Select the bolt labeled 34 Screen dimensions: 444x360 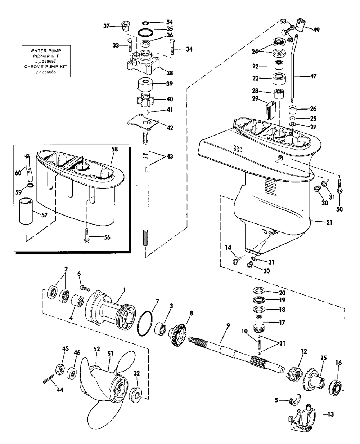pos(172,47)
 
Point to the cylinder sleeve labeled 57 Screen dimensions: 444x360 pos(26,211)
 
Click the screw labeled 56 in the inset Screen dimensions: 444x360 pos(86,236)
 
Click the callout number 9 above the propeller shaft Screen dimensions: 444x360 pos(228,325)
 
